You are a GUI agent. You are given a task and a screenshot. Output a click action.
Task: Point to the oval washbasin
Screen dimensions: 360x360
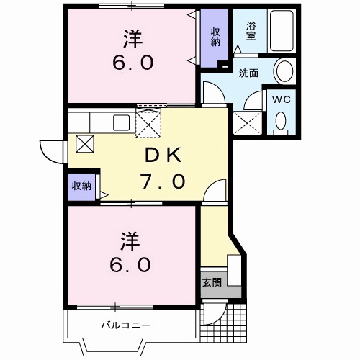[285, 72]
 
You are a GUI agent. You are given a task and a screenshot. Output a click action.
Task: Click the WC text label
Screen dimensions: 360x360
[282, 100]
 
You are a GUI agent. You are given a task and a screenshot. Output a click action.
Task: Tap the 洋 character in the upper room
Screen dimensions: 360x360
[132, 36]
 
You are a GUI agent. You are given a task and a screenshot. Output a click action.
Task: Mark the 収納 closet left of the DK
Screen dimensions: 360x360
[81, 186]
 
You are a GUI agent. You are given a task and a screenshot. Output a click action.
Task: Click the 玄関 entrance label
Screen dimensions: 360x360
[212, 282]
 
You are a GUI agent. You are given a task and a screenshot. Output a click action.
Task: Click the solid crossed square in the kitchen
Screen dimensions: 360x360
[84, 143]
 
